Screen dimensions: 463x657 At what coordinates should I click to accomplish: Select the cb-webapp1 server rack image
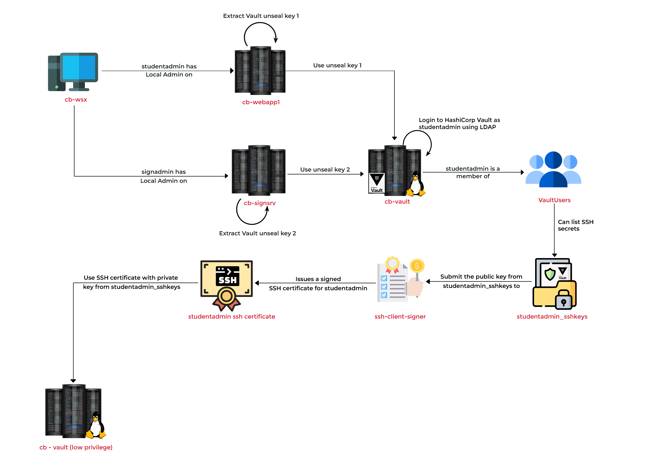point(260,72)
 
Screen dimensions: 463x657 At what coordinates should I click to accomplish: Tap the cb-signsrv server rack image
point(258,172)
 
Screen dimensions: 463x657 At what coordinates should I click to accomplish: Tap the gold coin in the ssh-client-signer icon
point(417,266)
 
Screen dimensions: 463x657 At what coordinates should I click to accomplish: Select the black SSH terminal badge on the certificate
point(227,276)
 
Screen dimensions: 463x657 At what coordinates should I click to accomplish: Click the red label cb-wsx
point(76,100)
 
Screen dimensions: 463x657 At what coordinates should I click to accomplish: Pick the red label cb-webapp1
point(261,102)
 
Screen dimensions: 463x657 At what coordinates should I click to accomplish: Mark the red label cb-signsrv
point(260,203)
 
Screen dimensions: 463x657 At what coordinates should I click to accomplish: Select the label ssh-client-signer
point(400,317)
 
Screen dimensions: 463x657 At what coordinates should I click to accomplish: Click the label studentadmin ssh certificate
point(232,317)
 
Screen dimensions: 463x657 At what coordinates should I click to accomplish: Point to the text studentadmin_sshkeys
point(552,317)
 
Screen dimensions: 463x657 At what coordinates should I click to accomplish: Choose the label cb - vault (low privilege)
point(76,447)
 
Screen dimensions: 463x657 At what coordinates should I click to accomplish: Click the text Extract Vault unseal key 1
point(261,16)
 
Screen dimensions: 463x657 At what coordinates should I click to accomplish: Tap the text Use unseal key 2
point(325,170)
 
